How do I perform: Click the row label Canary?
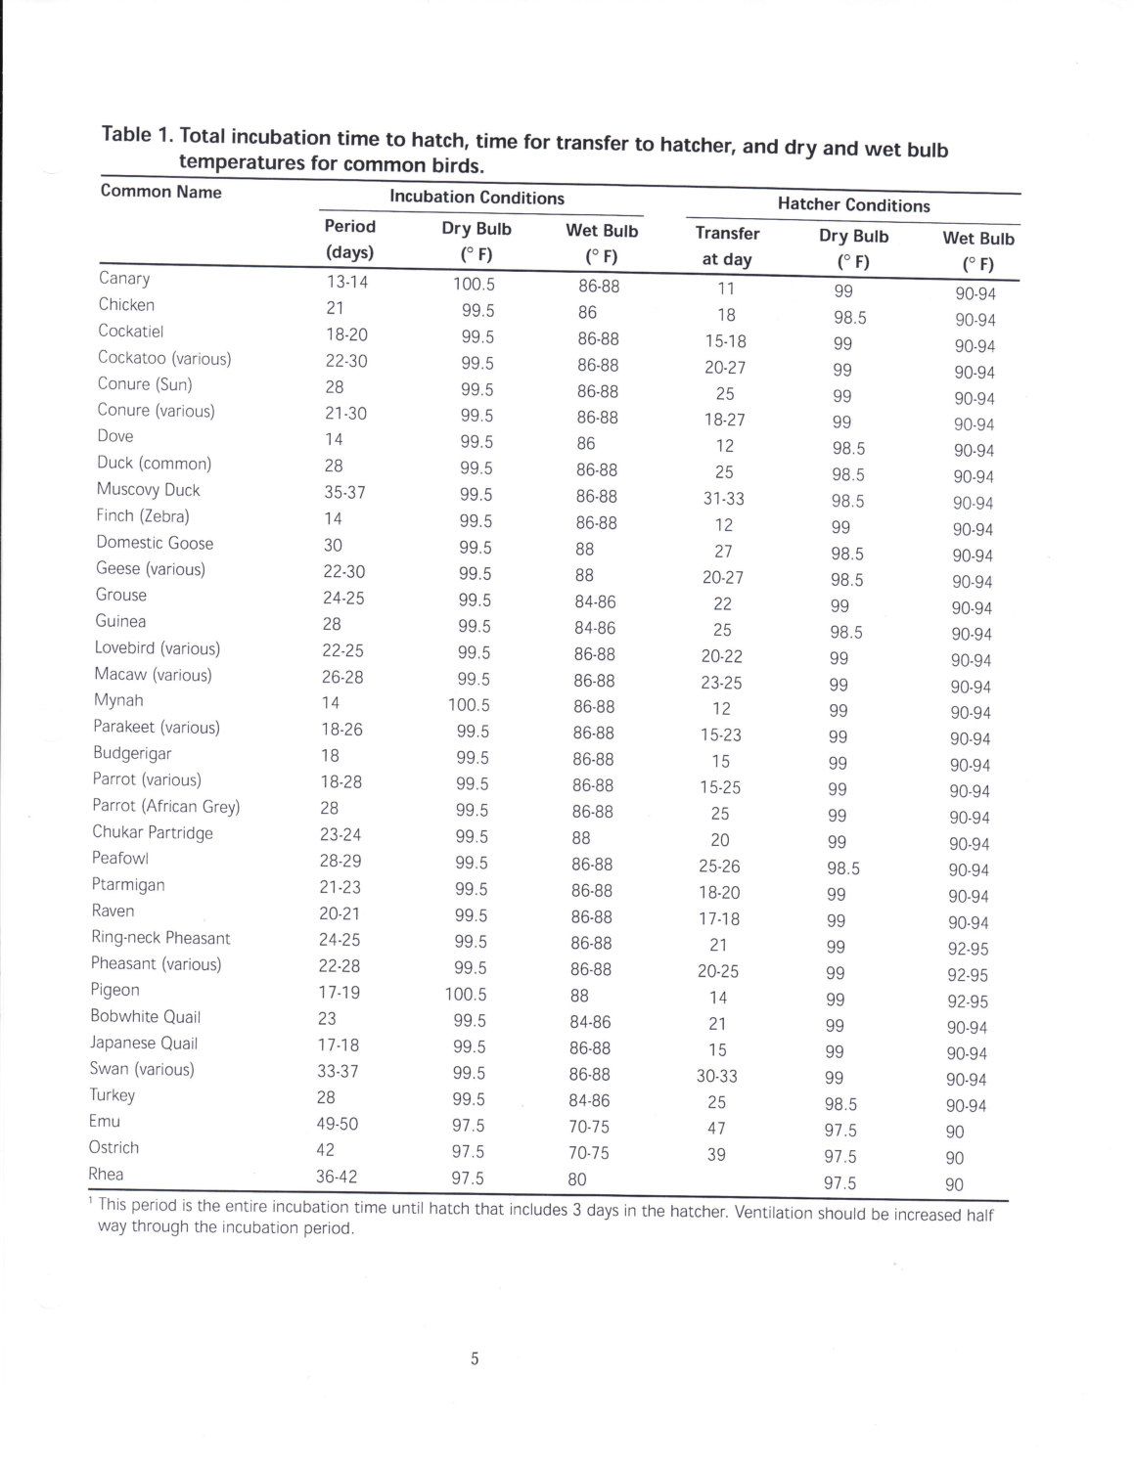124,279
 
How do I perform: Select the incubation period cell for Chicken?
335,308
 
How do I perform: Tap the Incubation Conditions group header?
476,198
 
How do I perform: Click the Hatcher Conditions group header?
853,205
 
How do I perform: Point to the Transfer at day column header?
727,246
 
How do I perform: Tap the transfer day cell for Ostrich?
716,1155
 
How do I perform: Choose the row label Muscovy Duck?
148,490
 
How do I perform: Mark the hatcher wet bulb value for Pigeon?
967,1001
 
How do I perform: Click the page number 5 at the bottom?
475,1358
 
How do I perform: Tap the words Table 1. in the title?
138,135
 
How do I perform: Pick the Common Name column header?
160,192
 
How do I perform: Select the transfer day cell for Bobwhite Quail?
717,1024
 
